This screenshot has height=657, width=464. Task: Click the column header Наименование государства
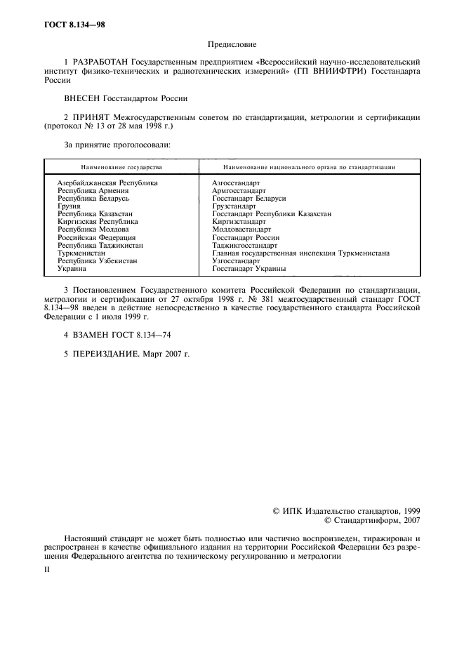(121, 168)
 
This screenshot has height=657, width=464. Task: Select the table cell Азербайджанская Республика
(107, 182)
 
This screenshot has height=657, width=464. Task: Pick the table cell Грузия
(69, 206)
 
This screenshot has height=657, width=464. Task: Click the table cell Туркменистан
(81, 253)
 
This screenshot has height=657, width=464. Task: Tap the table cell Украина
(72, 268)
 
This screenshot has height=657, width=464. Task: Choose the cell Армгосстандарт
(239, 190)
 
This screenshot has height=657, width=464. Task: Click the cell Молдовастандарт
(241, 230)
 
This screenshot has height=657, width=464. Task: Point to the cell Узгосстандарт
(236, 260)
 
